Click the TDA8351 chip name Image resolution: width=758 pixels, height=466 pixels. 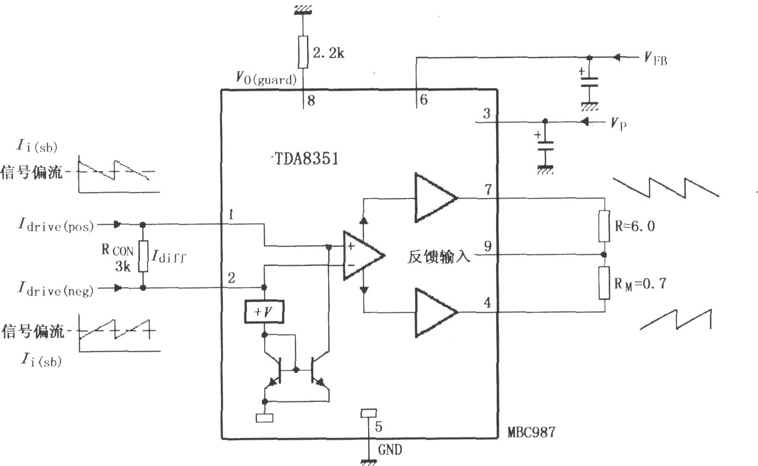click(x=306, y=159)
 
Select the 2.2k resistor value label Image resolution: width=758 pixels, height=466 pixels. click(x=328, y=53)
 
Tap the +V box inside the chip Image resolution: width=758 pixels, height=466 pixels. click(x=264, y=311)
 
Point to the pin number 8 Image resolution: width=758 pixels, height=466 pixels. click(x=311, y=101)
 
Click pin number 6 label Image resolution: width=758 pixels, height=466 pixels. click(x=424, y=100)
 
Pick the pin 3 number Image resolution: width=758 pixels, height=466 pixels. click(x=487, y=113)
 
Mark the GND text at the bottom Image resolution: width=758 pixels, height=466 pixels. click(x=390, y=450)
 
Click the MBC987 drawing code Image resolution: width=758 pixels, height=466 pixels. click(x=531, y=432)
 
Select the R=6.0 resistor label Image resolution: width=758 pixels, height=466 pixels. click(x=635, y=226)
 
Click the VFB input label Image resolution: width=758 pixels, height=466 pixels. click(x=656, y=59)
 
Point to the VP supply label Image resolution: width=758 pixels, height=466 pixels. click(x=619, y=124)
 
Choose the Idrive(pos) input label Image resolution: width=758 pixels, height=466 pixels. click(x=56, y=225)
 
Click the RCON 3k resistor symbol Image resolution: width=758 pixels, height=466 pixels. click(x=143, y=256)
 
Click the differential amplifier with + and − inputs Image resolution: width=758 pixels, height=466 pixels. click(x=364, y=255)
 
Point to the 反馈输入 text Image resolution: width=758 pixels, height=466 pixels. click(x=439, y=257)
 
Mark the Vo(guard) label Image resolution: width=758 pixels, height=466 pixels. click(x=266, y=78)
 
